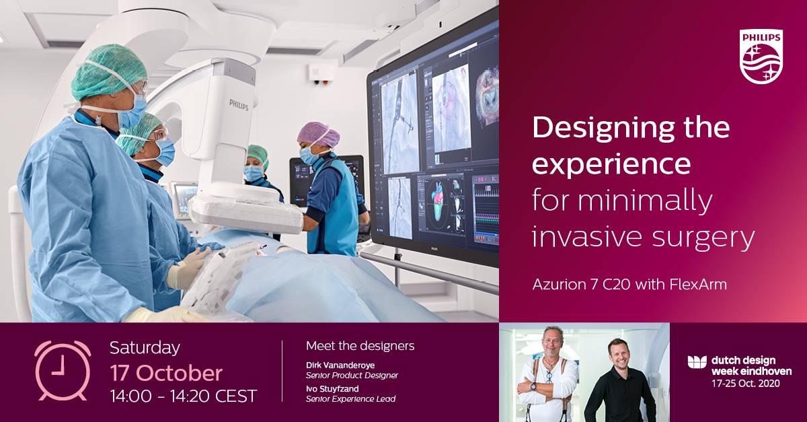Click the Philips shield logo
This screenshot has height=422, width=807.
(761, 57)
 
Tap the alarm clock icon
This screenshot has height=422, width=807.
(63, 371)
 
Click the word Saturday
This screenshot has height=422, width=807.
(145, 349)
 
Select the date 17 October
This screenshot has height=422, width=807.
(166, 373)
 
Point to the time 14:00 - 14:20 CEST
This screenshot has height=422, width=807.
(184, 396)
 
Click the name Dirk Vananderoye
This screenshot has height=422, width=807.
(340, 365)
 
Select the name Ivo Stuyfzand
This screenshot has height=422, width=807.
(332, 388)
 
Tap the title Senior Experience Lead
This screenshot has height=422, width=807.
(350, 399)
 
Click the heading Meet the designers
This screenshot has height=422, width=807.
(360, 346)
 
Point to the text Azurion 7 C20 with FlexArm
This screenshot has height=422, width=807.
(629, 285)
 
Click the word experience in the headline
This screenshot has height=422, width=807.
(611, 164)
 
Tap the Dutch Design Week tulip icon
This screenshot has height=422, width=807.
(697, 362)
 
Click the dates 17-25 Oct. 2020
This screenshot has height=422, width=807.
(746, 383)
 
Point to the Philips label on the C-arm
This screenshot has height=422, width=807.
(239, 105)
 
